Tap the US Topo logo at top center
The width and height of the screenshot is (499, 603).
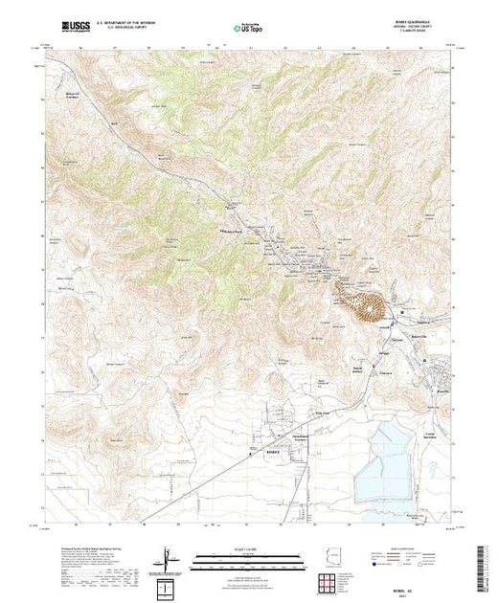[x=248, y=30]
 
